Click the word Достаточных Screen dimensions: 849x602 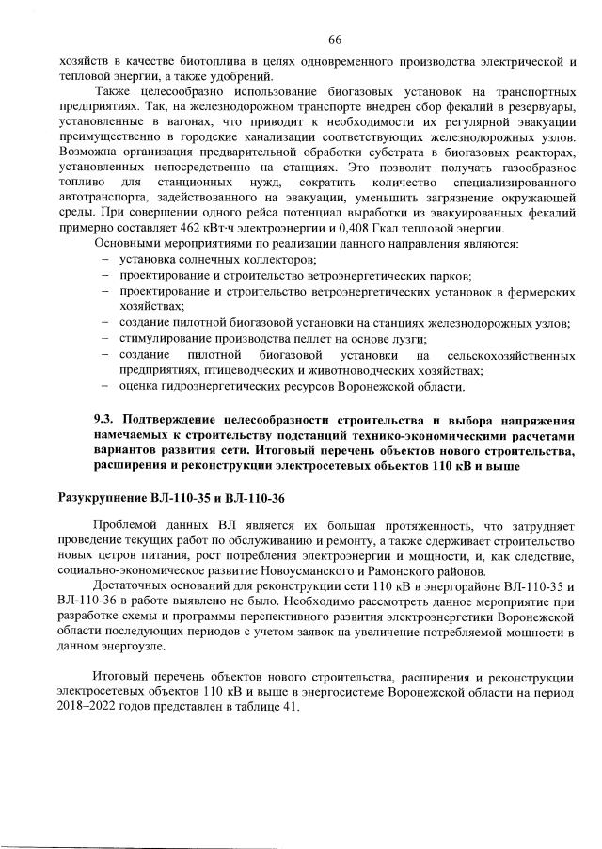134,587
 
